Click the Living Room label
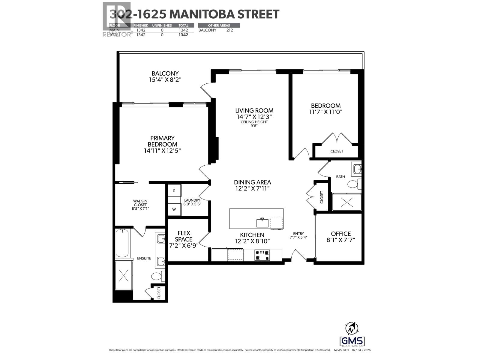tap(254, 111)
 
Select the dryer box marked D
tap(174, 190)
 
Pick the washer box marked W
tap(174, 210)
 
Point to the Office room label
tap(341, 234)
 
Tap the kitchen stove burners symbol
tap(262, 255)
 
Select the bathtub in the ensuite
tap(122, 243)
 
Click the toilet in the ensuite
tap(157, 275)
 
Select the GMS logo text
tap(352, 341)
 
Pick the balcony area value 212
tap(229, 30)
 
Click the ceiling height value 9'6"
tap(254, 126)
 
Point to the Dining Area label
tap(252, 182)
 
